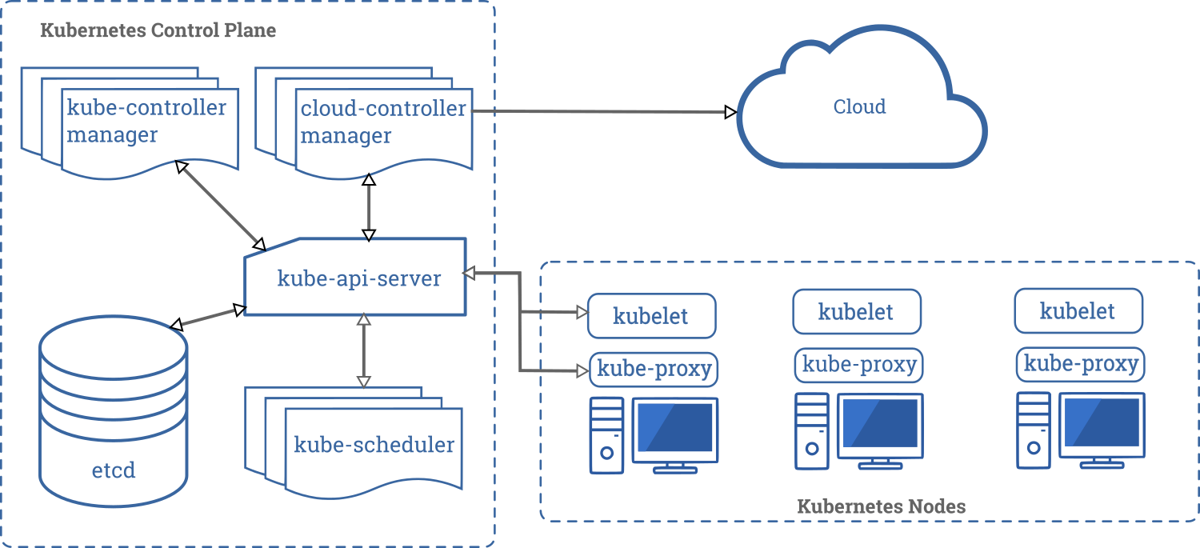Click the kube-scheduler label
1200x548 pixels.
374,445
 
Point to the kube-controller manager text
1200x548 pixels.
146,121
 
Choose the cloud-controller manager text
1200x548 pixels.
382,122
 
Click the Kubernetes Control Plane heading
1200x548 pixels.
158,31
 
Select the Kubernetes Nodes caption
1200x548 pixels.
881,506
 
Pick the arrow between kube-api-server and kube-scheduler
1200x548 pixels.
364,350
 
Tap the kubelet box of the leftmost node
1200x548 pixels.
651,316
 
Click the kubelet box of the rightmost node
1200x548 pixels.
1078,311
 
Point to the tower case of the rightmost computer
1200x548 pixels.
1033,430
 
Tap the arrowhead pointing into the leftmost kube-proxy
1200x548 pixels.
582,370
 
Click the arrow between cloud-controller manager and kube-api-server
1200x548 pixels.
369,206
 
